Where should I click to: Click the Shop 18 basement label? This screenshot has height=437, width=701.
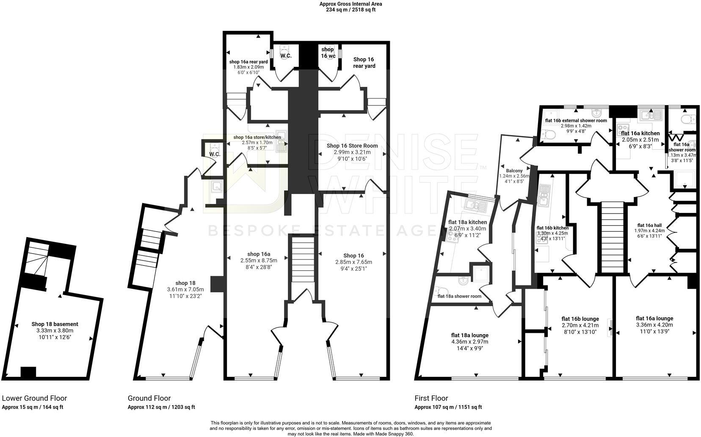55,324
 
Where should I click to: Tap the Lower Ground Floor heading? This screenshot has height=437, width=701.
34,398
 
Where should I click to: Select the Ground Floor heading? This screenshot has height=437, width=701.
149,398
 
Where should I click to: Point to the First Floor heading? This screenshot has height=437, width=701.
431,398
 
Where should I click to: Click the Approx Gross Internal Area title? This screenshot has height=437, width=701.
350,4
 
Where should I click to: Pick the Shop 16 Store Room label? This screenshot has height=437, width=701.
352,146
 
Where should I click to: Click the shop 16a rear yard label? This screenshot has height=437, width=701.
248,62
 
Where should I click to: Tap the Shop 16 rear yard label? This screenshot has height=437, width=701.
364,63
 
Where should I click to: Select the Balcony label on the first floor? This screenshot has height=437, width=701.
514,171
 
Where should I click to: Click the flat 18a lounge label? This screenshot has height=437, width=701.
470,335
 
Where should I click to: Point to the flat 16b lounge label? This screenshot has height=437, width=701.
580,319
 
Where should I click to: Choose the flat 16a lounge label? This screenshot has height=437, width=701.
654,318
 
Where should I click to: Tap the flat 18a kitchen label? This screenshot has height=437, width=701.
467,222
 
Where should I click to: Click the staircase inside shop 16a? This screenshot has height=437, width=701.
303,260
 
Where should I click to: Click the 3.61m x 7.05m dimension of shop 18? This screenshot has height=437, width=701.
185,289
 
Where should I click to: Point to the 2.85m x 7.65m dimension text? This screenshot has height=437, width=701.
353,262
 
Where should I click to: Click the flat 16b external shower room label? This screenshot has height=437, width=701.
576,121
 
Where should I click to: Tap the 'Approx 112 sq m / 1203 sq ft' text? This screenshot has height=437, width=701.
161,407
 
